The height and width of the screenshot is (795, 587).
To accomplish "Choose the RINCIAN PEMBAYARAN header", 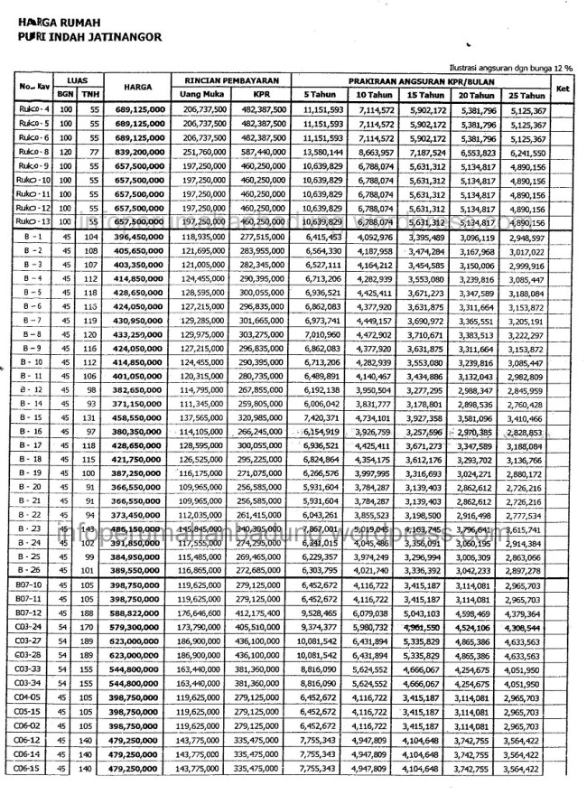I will pyautogui.click(x=232, y=80).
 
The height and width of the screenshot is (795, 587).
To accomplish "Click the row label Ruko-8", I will pyautogui.click(x=34, y=153).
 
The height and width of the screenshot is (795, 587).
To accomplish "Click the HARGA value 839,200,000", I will pyautogui.click(x=141, y=153).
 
